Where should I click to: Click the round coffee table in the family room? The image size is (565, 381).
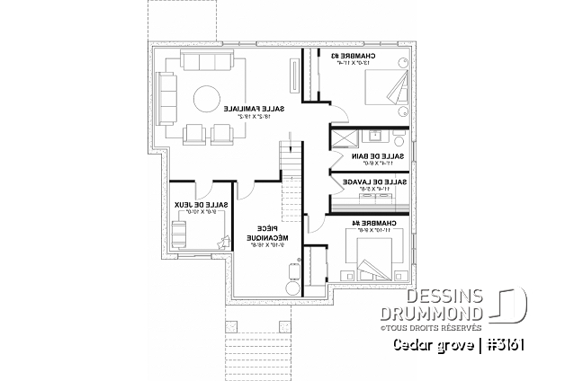pyautogui.click(x=203, y=96)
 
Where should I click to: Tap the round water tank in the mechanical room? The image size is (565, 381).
pyautogui.click(x=291, y=288)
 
